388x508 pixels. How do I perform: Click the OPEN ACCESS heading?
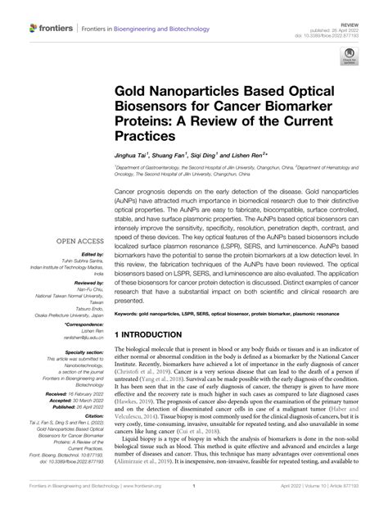[78, 242]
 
